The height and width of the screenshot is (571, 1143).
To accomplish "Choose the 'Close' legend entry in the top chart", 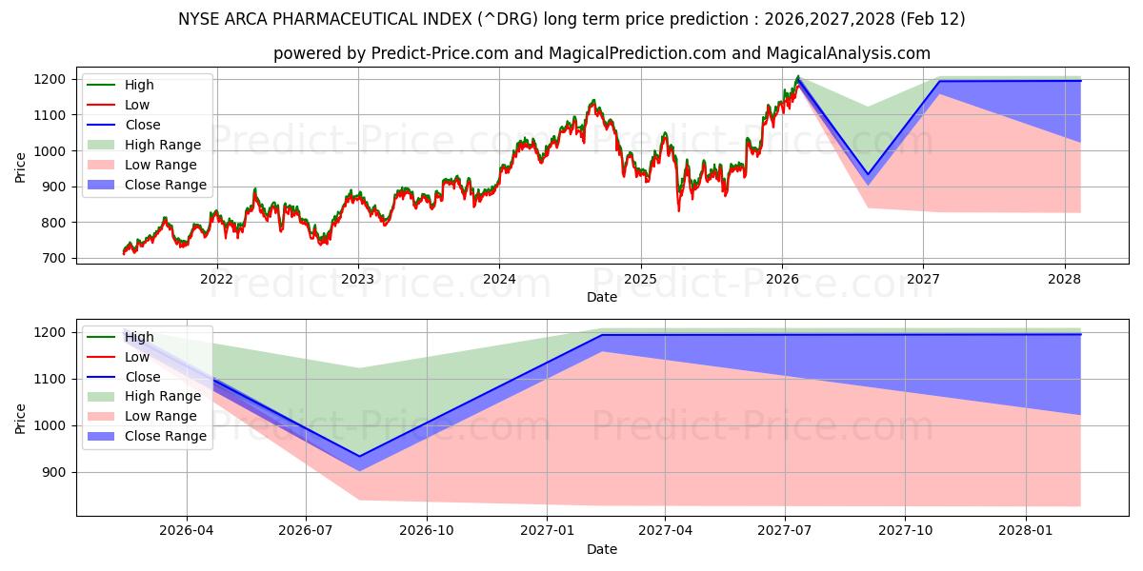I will (143, 125).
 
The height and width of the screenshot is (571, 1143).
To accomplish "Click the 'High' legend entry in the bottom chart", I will (139, 337).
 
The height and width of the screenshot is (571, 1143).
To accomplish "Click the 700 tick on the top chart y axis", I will (55, 259).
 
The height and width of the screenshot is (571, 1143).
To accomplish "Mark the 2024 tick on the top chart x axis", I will (499, 279).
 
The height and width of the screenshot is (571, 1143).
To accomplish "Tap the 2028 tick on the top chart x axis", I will (1064, 279).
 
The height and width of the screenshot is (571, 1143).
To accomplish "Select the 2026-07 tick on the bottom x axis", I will (306, 531).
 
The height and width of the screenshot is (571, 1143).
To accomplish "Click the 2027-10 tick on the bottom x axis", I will (906, 531).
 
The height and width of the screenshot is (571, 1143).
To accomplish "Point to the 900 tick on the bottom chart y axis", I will (55, 473).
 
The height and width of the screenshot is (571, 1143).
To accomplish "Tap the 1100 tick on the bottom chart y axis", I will (51, 380).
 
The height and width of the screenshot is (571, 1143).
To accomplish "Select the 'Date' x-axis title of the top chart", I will (602, 297).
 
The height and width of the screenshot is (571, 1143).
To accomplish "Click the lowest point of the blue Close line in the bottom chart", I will (359, 457).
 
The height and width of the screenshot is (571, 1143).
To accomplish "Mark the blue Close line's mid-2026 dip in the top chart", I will (868, 175).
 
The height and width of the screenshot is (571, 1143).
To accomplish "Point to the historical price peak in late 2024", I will (593, 100).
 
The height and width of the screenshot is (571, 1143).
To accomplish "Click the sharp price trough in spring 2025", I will (679, 209).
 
